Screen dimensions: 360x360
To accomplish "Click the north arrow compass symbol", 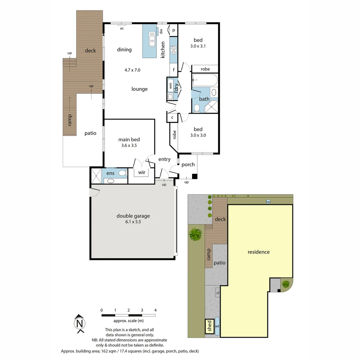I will point(79,323).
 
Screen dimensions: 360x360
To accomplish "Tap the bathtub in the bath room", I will point(205,80).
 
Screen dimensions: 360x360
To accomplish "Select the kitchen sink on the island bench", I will point(152,37).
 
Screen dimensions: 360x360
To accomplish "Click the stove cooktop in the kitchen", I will point(173,50).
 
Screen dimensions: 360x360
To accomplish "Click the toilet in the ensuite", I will point(122,173).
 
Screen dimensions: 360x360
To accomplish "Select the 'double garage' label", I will point(133,216).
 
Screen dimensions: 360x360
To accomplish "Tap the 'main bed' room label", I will point(129,140).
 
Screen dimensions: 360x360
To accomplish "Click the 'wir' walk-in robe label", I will point(141,172).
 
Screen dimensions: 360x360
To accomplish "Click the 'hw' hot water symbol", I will point(268,201).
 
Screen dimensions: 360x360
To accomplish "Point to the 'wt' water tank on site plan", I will point(217,326).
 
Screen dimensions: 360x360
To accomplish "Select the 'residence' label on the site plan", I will point(258,252).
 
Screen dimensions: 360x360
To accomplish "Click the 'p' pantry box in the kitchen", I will point(174,30).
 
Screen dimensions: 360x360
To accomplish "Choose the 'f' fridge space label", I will point(174,70).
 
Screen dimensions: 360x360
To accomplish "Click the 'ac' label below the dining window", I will point(122,28).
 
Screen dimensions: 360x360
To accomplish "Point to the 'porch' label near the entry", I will point(188,165).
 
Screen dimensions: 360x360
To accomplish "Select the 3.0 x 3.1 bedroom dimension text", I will point(198,46).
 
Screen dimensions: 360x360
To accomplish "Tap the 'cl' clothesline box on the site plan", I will point(217,293).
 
